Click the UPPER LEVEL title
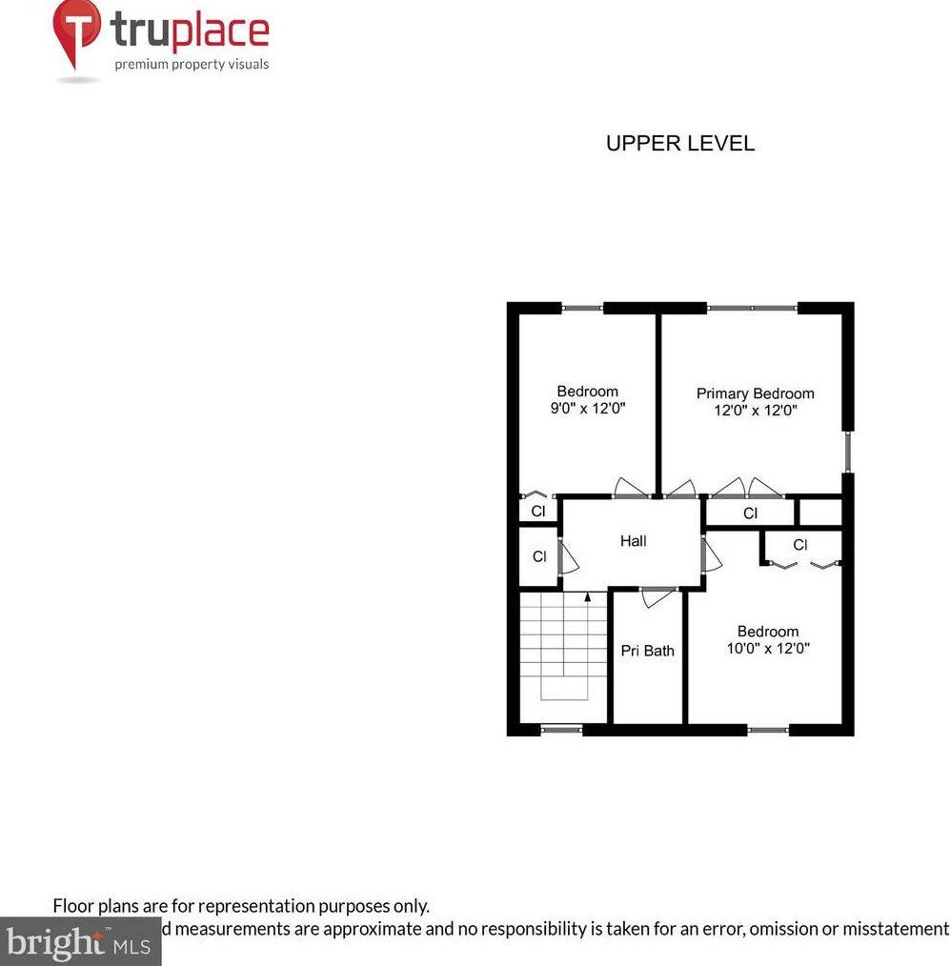pos(679,144)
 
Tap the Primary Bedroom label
pos(755,393)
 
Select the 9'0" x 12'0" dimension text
pos(587,409)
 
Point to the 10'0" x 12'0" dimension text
pos(767,649)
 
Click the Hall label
pos(633,541)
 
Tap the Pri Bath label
pos(647,651)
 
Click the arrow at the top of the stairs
pos(587,598)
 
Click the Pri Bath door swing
pos(658,598)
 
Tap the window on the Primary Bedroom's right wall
pos(847,452)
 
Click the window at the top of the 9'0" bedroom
pos(582,308)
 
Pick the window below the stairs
pos(560,730)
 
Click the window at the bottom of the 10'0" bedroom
pos(767,730)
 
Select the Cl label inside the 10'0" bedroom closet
pos(800,545)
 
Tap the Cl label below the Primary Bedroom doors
pos(750,513)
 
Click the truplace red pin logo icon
pos(76,31)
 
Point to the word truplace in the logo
pos(190,31)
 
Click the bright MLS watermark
pos(80,942)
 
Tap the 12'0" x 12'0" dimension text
pos(755,411)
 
